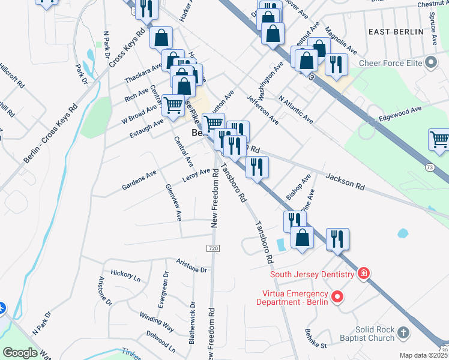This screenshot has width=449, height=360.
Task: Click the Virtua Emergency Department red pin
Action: (337, 296)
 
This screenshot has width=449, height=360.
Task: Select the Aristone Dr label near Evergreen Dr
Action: (191, 266)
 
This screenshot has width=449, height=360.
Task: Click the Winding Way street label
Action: (157, 322)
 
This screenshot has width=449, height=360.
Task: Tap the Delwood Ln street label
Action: (160, 343)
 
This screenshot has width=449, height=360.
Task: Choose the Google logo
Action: (20, 353)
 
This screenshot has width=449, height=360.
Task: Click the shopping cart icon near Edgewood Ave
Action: (439, 140)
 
